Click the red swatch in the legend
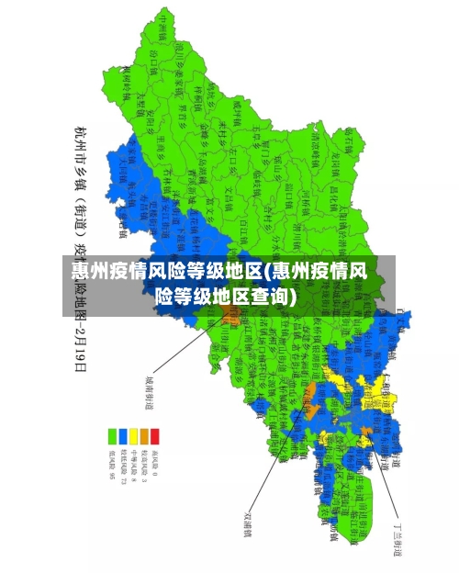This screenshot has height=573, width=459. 155,435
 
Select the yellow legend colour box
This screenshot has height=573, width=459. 133,435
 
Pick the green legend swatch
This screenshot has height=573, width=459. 111,435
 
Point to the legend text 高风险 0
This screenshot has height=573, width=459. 155,464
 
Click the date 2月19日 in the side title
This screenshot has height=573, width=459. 81,350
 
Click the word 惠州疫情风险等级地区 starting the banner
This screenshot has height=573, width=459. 166,271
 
